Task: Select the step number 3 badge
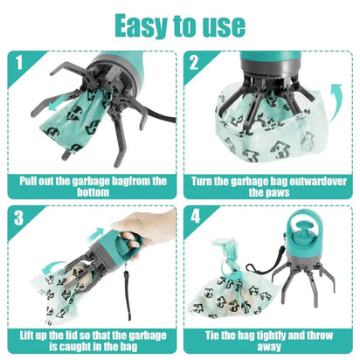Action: point(17,218)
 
